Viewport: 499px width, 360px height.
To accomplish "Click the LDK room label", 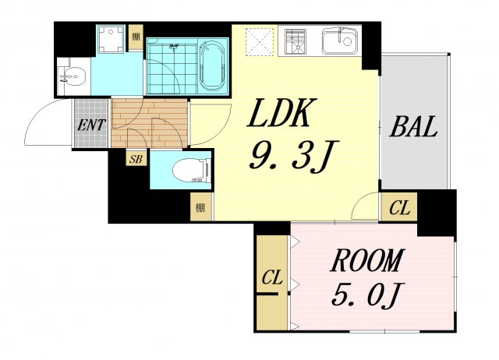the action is [x=281, y=112].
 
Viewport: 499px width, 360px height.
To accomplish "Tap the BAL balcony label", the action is [x=414, y=126].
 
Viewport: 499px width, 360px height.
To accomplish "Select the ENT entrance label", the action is [x=91, y=125].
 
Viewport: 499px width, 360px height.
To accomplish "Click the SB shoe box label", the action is [x=136, y=158].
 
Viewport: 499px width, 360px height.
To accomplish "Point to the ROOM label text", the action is [x=367, y=260].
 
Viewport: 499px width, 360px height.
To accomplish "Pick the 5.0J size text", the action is [x=367, y=295].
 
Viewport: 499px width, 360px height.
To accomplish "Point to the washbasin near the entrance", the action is [x=73, y=76].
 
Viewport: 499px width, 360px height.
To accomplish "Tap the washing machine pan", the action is [x=111, y=40].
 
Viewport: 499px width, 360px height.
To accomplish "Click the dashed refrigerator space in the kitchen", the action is [x=260, y=42].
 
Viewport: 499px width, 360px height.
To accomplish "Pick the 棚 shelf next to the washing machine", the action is [x=136, y=37].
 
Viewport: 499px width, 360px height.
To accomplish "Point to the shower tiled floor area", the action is [x=172, y=66].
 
